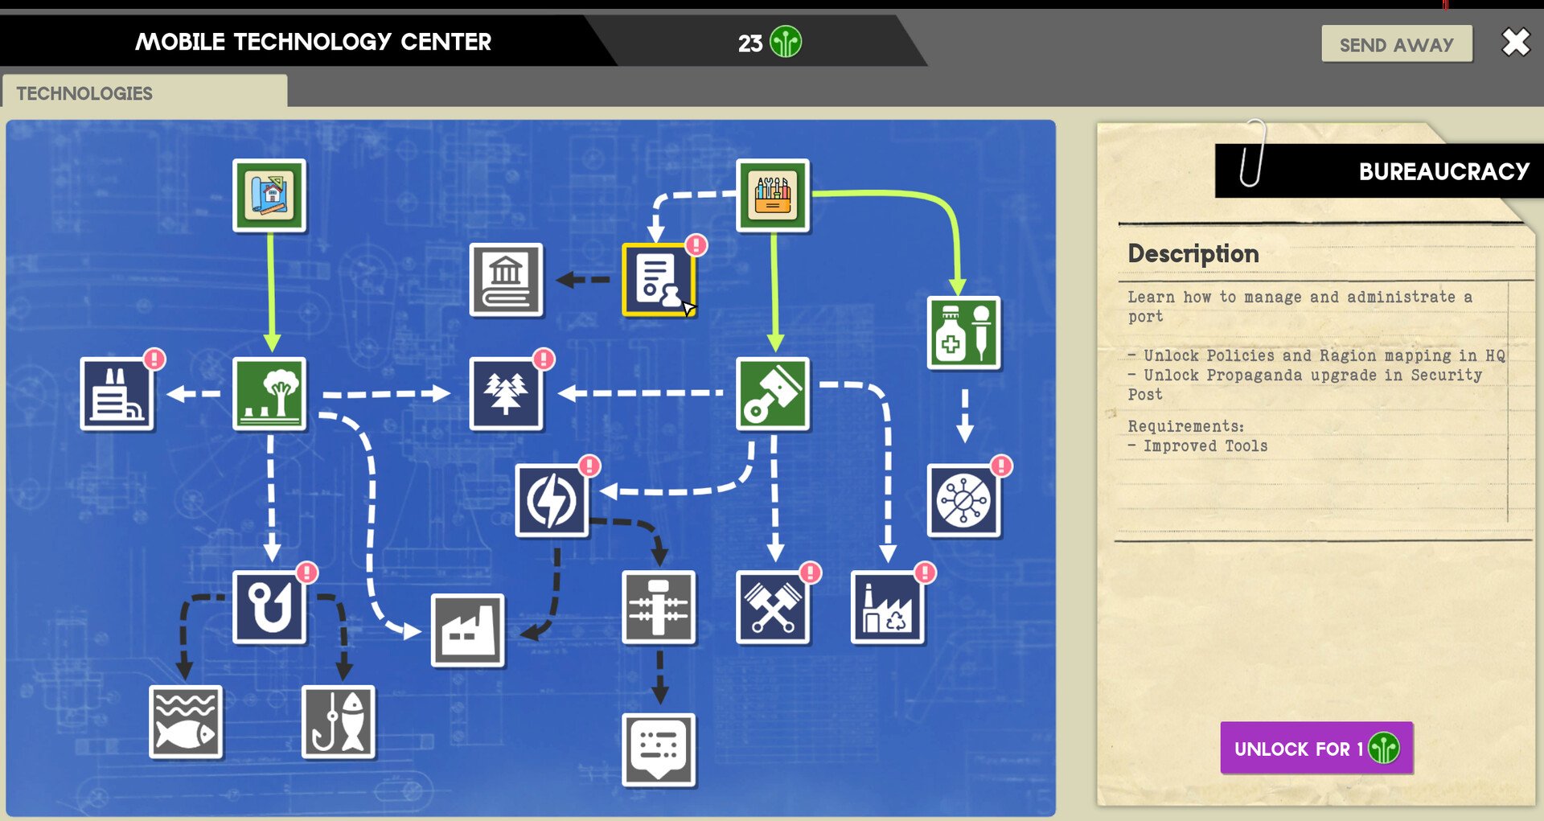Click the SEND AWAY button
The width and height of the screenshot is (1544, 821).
coord(1397,44)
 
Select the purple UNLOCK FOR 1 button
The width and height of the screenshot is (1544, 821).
coord(1316,748)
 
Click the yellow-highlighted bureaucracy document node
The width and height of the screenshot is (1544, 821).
coord(659,280)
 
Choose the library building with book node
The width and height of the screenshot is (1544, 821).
coord(506,280)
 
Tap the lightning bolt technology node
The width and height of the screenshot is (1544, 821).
coord(552,500)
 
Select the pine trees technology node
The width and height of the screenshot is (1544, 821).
coord(506,394)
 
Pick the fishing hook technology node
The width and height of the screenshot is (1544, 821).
coord(269,607)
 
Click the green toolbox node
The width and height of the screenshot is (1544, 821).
coord(773,195)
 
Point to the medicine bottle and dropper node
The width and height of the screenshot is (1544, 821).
coord(964,333)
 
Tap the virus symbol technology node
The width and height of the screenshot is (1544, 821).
coord(964,500)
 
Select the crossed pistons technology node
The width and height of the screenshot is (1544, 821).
coord(773,607)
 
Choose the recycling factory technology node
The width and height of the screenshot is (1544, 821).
coord(888,607)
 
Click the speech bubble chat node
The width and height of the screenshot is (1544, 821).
coord(659,749)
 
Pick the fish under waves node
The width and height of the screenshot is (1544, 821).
coord(186,722)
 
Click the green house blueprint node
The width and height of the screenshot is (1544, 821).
coord(269,195)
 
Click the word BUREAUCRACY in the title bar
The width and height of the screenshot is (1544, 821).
coord(1444,171)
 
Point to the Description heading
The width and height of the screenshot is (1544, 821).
coord(1193,254)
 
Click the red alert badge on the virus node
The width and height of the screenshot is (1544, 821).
coord(1001,466)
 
